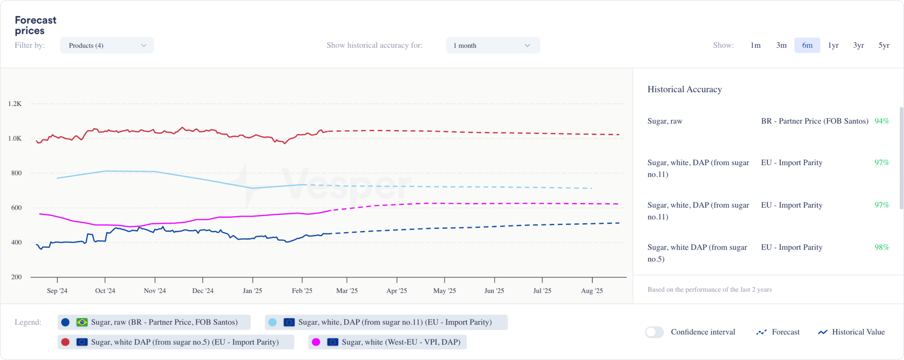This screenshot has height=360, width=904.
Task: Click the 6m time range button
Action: tap(807, 45)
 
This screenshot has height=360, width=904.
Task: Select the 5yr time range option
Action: tap(884, 45)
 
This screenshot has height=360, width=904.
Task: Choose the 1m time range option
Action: tap(755, 45)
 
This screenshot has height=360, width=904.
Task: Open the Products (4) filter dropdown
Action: tap(107, 45)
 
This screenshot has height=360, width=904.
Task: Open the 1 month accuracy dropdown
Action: tap(493, 45)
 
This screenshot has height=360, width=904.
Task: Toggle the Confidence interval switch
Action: tap(654, 332)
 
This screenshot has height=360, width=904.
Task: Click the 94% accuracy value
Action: tap(881, 121)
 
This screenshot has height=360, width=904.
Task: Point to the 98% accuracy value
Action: tap(881, 247)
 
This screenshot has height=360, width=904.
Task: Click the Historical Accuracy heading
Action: tap(684, 90)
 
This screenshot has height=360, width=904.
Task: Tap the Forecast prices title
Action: tap(35, 26)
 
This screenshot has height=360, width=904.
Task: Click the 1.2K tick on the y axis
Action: tap(15, 104)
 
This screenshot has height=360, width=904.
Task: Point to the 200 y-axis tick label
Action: tap(16, 277)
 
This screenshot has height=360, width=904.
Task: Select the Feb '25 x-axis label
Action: tap(302, 291)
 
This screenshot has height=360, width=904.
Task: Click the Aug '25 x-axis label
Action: tap(591, 291)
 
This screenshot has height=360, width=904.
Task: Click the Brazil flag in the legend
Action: tap(82, 322)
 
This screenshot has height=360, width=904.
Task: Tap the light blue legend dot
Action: tap(273, 322)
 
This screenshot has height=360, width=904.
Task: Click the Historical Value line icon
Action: tap(822, 332)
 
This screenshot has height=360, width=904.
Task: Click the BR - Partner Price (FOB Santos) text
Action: tap(814, 121)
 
